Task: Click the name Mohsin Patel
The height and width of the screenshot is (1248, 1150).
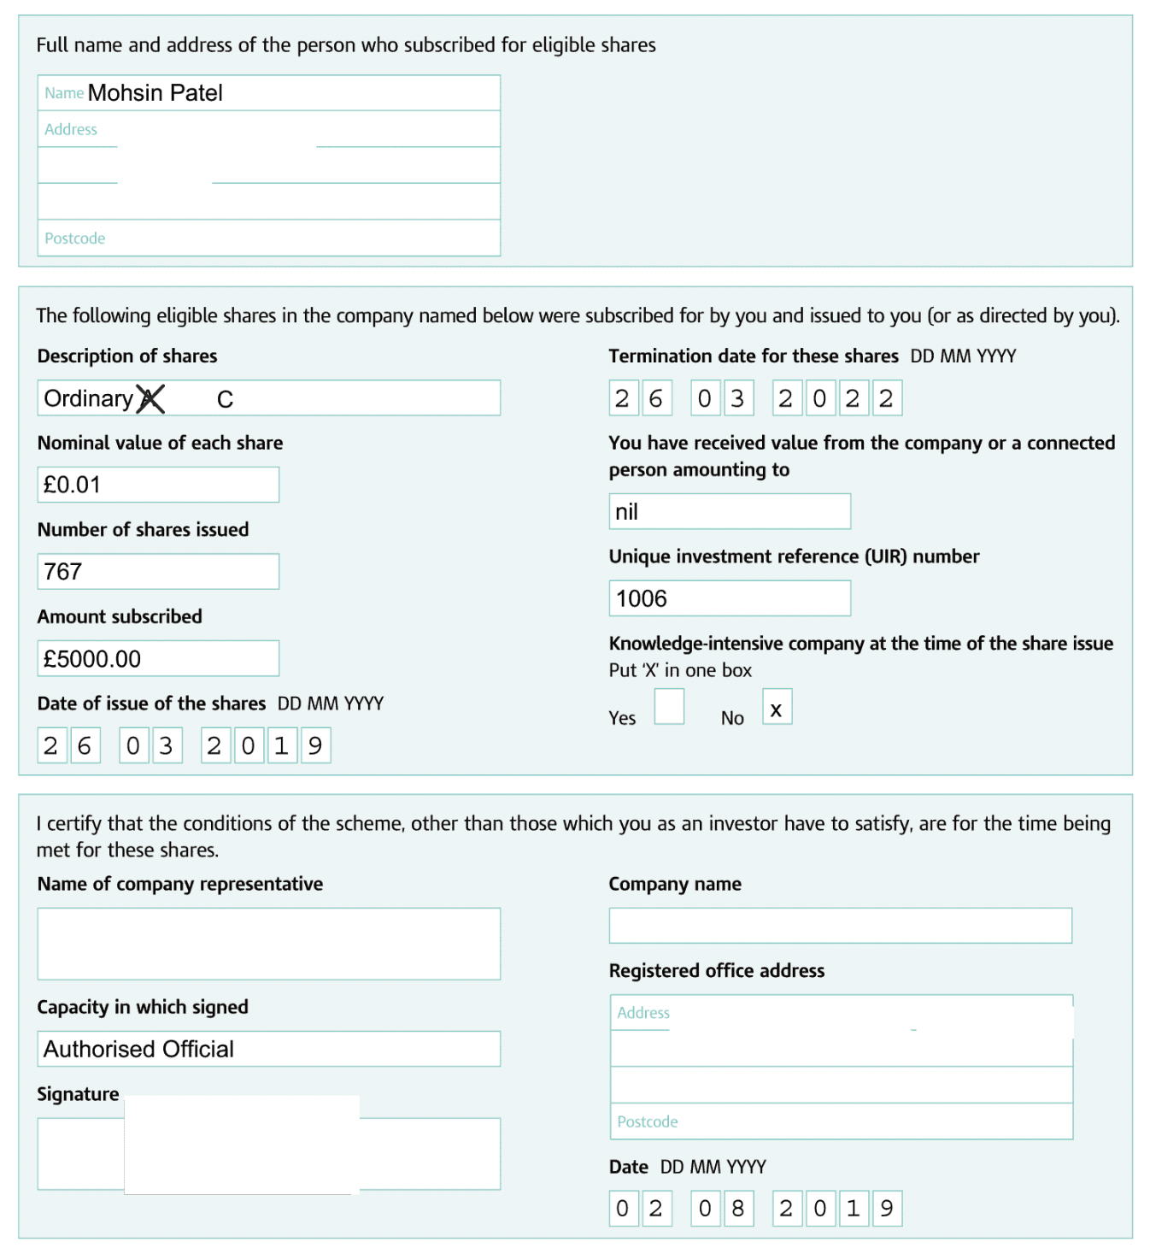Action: click(x=155, y=93)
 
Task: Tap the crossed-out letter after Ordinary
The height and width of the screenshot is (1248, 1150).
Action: click(x=150, y=399)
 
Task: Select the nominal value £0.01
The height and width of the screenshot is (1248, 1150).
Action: click(x=73, y=486)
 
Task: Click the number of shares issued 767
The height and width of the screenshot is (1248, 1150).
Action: click(x=63, y=572)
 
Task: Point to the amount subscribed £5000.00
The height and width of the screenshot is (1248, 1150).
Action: click(x=92, y=659)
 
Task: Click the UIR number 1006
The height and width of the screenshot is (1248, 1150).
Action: click(x=642, y=599)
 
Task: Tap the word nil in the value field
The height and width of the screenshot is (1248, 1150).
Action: click(x=626, y=512)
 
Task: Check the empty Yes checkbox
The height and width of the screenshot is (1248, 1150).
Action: click(x=669, y=707)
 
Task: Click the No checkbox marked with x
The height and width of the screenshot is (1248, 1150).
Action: click(x=777, y=707)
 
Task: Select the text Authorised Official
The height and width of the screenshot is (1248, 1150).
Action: click(x=138, y=1050)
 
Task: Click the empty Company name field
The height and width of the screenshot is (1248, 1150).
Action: click(x=840, y=926)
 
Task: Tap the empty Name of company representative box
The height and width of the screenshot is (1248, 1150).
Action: click(x=268, y=944)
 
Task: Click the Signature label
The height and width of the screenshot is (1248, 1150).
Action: click(x=78, y=1094)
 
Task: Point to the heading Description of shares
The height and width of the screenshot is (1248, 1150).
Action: click(x=127, y=356)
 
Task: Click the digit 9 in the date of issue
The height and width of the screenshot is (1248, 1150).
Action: click(x=315, y=746)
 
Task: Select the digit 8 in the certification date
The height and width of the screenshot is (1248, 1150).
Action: click(x=738, y=1209)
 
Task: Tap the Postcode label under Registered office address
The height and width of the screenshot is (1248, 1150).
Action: click(x=648, y=1122)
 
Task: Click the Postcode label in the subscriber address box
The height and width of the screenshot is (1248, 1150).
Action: click(x=75, y=238)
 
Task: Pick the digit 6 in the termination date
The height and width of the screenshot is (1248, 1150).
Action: click(x=655, y=399)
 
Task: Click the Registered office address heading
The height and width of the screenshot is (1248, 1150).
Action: click(x=717, y=971)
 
